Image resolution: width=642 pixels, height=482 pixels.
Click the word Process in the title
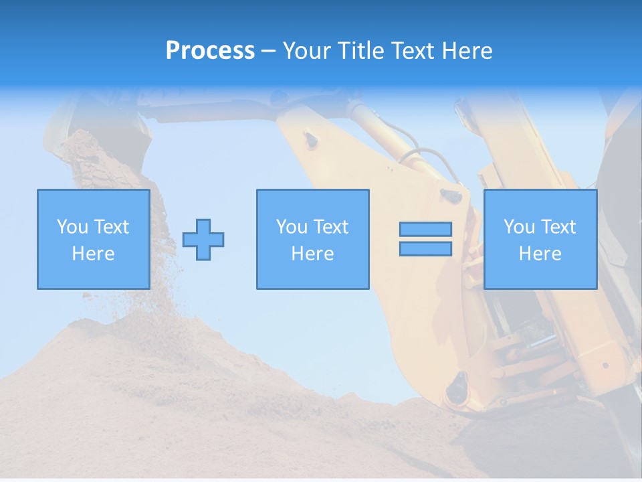pyautogui.click(x=210, y=51)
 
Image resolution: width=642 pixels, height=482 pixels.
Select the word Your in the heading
pyautogui.click(x=308, y=51)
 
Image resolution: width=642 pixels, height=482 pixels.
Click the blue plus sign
pyautogui.click(x=203, y=239)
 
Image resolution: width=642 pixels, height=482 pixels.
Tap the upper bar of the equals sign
pyautogui.click(x=425, y=230)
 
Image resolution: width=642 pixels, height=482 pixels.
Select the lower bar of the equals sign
pyautogui.click(x=425, y=248)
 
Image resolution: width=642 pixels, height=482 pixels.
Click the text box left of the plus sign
pyautogui.click(x=93, y=239)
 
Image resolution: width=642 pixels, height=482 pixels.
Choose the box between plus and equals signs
pyautogui.click(x=312, y=239)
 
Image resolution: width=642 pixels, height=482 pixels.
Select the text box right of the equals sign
pyautogui.click(x=540, y=239)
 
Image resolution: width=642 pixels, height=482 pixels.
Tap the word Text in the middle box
pyautogui.click(x=332, y=227)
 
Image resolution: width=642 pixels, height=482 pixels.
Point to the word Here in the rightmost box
pyautogui.click(x=540, y=254)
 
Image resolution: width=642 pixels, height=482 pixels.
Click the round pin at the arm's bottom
pyautogui.click(x=457, y=386)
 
